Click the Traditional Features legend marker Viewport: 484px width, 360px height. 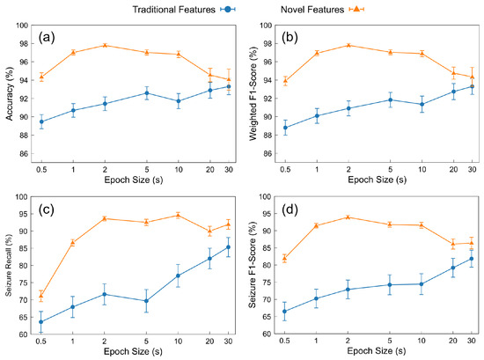[x=228, y=10]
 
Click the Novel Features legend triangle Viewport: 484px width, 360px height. [x=356, y=10]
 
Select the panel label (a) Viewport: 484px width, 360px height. [x=47, y=38]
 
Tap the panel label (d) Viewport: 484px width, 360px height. [x=290, y=209]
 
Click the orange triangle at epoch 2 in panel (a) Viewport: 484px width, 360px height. [x=105, y=45]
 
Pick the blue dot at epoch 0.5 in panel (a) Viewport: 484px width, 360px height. [x=41, y=121]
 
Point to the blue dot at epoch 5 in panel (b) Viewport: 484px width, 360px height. [x=390, y=99]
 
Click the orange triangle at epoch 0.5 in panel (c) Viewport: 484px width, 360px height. [x=41, y=296]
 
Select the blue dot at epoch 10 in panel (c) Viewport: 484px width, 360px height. [x=178, y=276]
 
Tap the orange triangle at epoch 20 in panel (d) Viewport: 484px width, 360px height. [x=453, y=244]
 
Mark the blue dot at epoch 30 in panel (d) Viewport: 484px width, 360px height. [x=472, y=259]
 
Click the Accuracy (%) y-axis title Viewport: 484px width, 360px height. [x=10, y=93]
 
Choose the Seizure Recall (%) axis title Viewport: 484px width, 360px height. [x=8, y=265]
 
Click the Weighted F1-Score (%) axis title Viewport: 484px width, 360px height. [x=253, y=94]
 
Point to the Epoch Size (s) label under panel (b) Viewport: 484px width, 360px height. [x=378, y=180]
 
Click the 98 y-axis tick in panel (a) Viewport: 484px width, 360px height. [x=23, y=44]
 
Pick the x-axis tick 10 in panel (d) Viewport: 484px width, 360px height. [x=422, y=341]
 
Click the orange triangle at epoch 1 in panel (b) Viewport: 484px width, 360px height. [x=317, y=53]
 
